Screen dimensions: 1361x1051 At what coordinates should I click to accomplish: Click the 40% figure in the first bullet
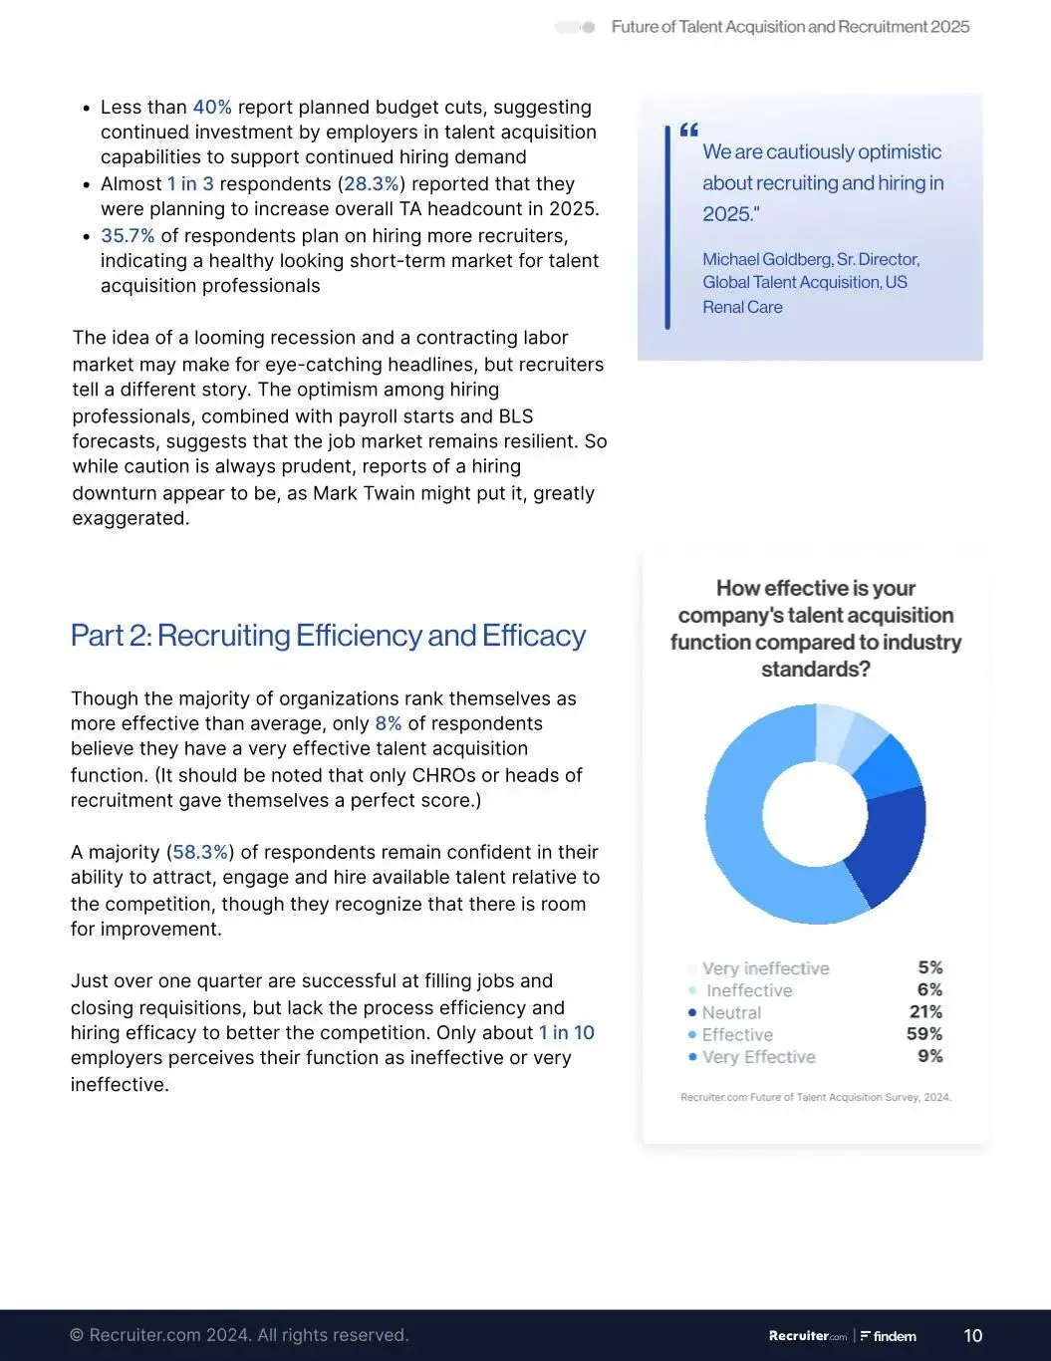212,108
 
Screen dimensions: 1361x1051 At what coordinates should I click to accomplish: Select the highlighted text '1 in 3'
190,184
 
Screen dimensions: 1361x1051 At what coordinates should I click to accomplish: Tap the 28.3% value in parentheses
372,184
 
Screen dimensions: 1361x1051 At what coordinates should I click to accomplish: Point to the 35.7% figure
128,236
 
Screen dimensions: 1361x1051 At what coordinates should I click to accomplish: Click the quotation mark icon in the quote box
688,131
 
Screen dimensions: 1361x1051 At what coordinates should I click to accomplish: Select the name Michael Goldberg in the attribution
767,259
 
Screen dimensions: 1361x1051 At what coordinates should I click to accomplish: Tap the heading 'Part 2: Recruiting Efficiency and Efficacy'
328,636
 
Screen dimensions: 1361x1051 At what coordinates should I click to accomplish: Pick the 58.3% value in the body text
201,852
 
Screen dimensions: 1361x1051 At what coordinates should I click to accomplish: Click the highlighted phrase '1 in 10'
566,1033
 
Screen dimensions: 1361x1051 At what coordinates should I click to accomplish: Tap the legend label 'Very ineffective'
765,968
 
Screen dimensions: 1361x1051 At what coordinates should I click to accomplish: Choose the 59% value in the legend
924,1034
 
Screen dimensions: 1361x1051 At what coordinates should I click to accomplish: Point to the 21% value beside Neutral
925,1012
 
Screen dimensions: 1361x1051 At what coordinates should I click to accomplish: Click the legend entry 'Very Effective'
758,1057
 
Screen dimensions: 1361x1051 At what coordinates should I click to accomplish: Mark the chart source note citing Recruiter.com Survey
815,1097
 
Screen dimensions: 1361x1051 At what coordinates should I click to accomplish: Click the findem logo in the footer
889,1336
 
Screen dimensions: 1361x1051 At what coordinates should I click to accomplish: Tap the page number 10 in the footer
973,1336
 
